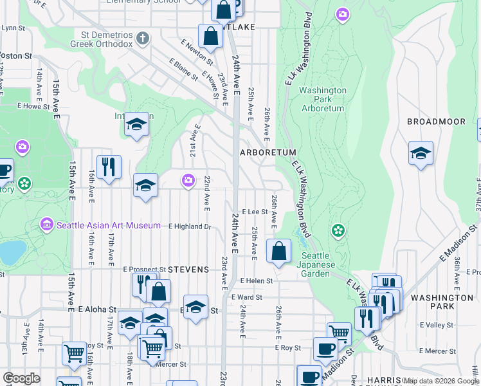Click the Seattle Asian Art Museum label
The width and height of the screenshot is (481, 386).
click(x=108, y=225)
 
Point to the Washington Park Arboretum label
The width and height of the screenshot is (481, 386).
click(x=322, y=99)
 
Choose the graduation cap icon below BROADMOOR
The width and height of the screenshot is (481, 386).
click(x=421, y=153)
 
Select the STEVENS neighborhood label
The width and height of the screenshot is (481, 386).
click(x=188, y=269)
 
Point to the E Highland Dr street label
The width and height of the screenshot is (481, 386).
click(x=190, y=226)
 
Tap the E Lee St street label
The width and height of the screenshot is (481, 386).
click(x=254, y=211)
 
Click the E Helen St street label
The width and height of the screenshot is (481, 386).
click(x=257, y=280)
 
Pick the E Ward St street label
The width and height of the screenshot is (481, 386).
click(x=254, y=297)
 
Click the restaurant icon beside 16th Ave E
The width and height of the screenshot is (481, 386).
click(x=109, y=167)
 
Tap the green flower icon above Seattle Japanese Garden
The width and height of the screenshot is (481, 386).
click(x=338, y=230)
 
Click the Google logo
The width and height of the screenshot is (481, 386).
click(x=21, y=378)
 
